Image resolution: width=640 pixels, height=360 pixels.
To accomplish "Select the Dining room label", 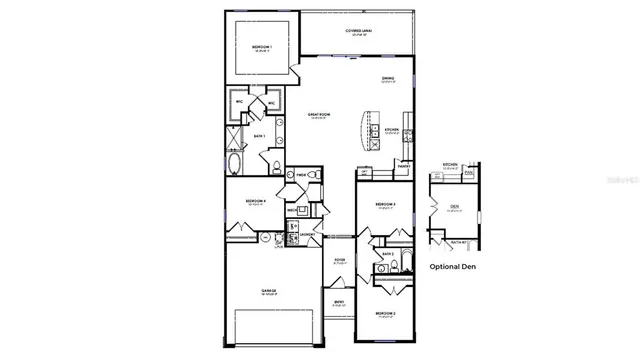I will [x=387, y=79].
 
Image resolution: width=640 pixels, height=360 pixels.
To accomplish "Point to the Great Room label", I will [x=319, y=116].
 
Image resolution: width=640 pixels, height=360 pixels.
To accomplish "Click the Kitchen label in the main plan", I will [x=393, y=131].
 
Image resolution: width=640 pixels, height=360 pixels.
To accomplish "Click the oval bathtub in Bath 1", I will [x=237, y=164].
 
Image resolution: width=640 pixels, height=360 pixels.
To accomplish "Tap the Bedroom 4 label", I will [x=255, y=202].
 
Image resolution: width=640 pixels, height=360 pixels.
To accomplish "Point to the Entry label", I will [x=339, y=302].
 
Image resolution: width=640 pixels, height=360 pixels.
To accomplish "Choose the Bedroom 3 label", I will [x=386, y=206].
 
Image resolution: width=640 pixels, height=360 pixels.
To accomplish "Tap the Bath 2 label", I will [x=386, y=255].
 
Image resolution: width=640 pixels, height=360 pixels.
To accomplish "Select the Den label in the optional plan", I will [x=453, y=207].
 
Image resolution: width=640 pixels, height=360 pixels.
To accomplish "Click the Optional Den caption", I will [x=452, y=267].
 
